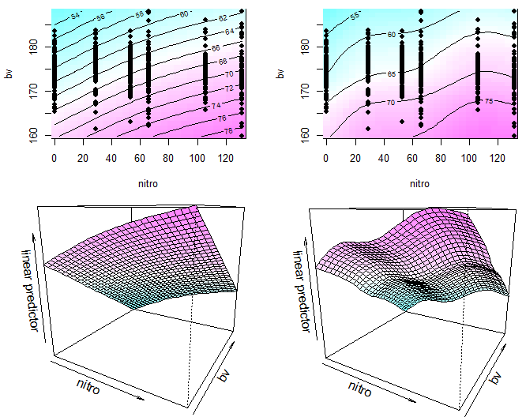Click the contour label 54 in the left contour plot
pyautogui.click(x=75, y=16)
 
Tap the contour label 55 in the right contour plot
pyautogui.click(x=355, y=17)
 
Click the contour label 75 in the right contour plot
pyautogui.click(x=488, y=101)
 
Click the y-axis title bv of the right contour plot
pyautogui.click(x=280, y=73)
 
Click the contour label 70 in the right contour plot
pyautogui.click(x=389, y=103)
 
